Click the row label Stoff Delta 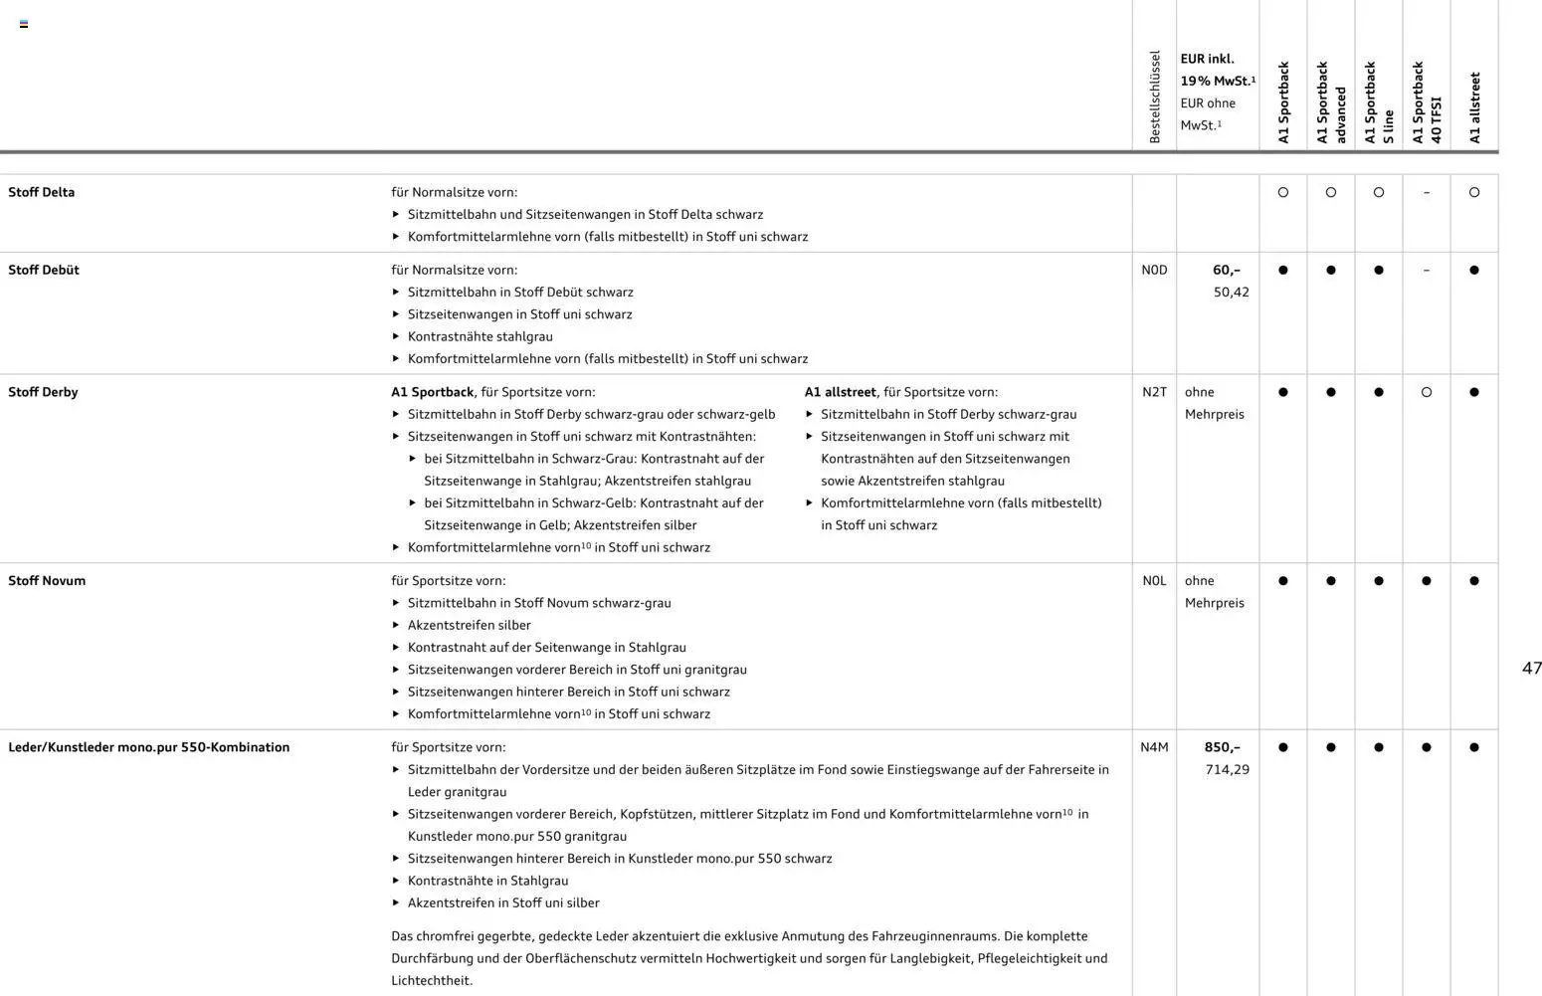point(41,192)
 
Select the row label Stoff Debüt point(44,270)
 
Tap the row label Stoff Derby point(43,392)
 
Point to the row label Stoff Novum point(47,581)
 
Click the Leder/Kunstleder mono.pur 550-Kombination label point(149,747)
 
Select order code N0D point(1154,270)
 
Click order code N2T point(1154,392)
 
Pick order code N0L point(1154,581)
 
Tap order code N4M point(1154,747)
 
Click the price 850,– point(1222,747)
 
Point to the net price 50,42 point(1231,293)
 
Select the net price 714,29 point(1227,770)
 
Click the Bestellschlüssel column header point(1154,98)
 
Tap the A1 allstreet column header point(1474,107)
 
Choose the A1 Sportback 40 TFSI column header point(1427,102)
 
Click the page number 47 point(1531,669)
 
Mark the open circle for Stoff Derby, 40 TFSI point(1427,392)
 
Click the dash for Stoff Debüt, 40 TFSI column point(1427,271)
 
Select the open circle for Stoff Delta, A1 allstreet point(1474,192)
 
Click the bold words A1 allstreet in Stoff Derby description point(840,392)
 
